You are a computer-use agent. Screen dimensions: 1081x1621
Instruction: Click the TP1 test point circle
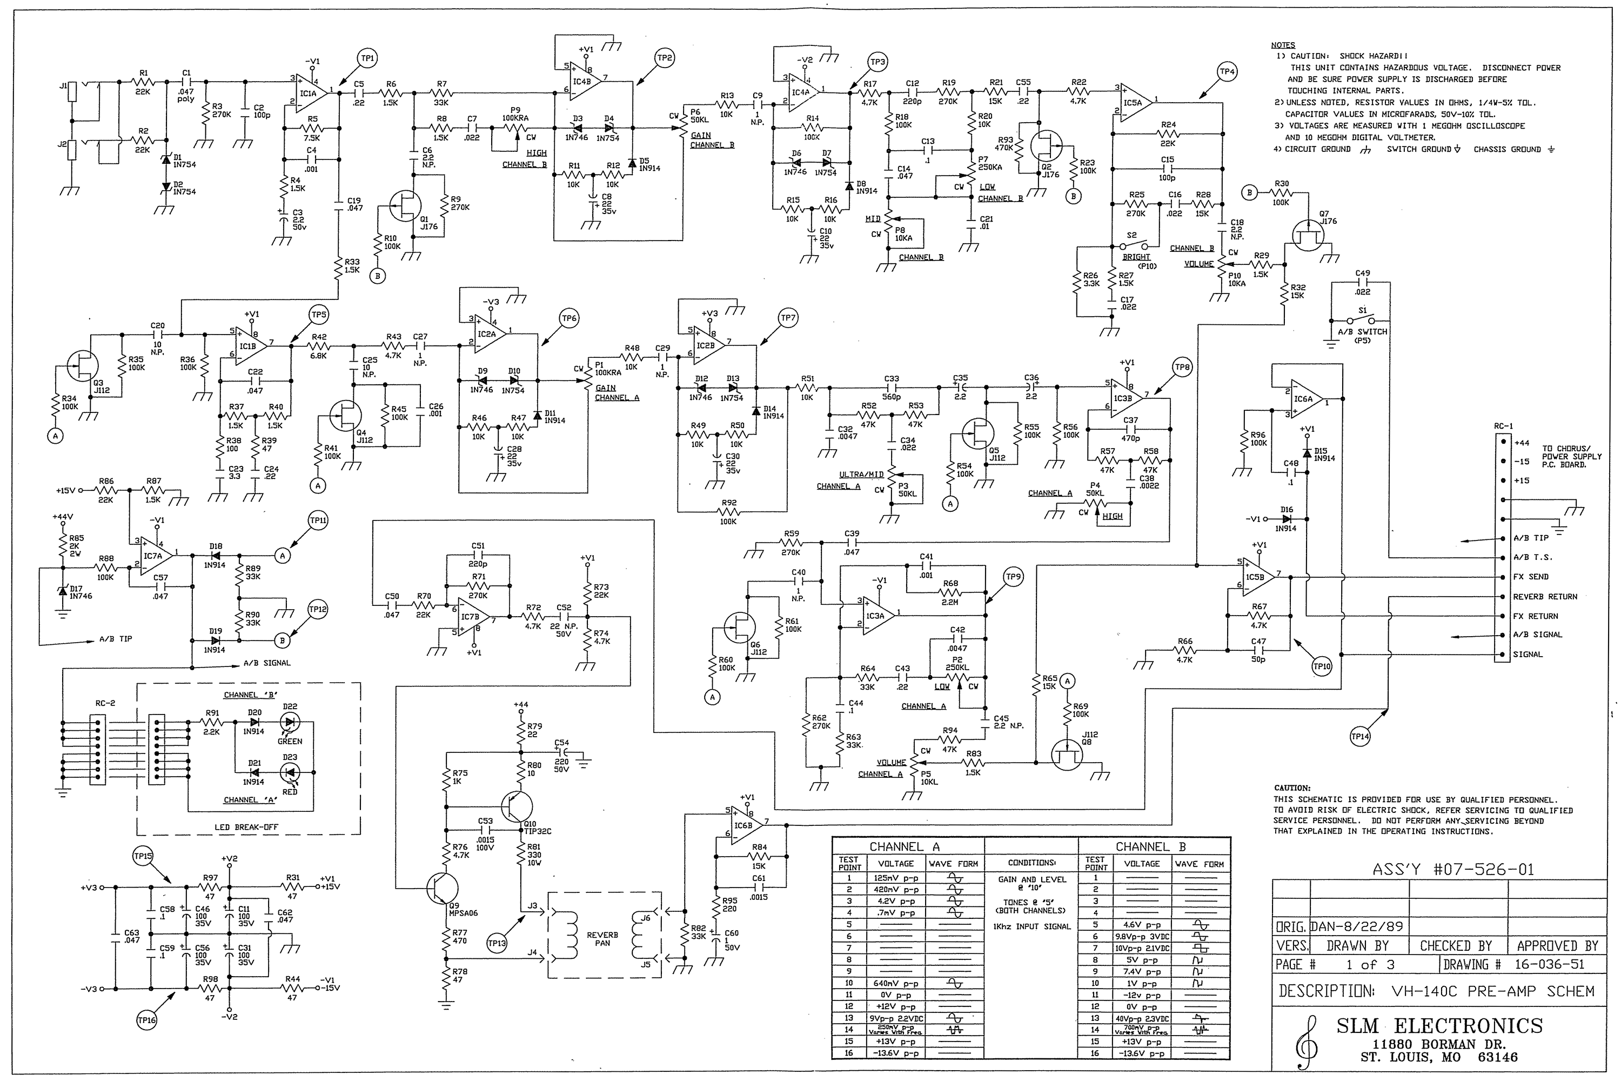click(367, 58)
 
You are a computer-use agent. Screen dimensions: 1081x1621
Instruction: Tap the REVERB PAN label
click(602, 939)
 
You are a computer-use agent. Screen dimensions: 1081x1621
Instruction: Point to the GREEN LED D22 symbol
click(290, 723)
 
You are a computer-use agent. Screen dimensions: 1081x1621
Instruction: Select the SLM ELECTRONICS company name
click(1439, 1026)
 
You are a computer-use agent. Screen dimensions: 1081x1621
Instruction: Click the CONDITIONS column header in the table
click(1031, 863)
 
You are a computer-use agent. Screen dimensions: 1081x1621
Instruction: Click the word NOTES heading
click(1283, 45)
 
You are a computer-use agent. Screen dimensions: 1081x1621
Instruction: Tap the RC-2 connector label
click(105, 703)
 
